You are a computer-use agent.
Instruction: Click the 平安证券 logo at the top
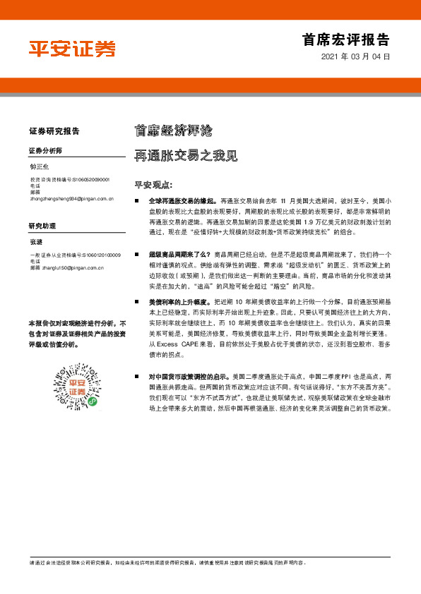coord(72,49)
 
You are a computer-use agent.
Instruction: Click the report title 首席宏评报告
coord(345,40)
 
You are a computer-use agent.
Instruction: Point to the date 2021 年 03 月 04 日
coord(355,56)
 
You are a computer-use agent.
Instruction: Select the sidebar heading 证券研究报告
coord(54,131)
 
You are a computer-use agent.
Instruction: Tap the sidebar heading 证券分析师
coord(46,151)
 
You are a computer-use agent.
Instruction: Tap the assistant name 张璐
coord(36,243)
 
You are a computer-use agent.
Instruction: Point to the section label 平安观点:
coord(153,185)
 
